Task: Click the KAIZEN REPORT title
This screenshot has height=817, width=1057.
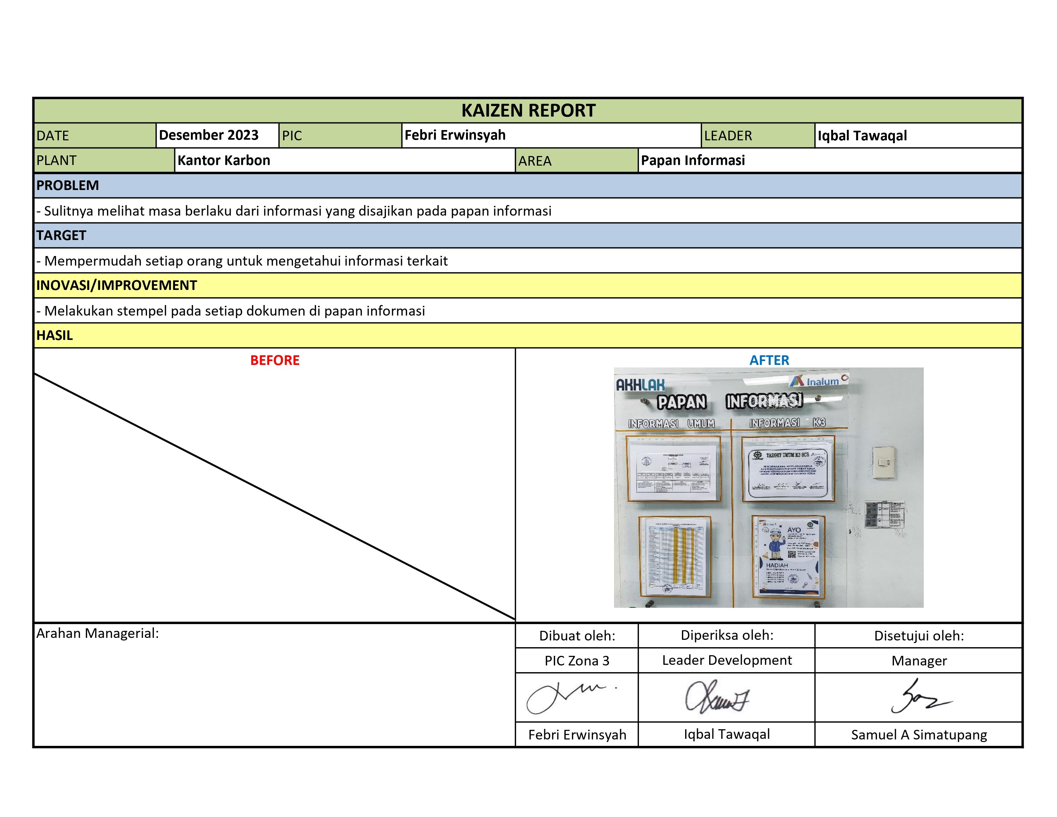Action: pos(528,111)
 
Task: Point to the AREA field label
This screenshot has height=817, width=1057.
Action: pos(535,161)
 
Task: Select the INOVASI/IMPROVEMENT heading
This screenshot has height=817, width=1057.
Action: pos(117,285)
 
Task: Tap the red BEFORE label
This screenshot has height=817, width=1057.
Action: pos(274,360)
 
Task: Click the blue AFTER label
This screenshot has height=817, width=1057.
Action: pos(769,360)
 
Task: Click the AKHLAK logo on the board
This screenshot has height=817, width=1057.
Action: pos(640,385)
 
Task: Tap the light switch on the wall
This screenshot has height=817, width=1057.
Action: pos(883,462)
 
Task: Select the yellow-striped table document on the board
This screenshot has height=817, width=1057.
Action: pos(675,557)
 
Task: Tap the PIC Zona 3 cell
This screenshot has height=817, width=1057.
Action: pos(577,661)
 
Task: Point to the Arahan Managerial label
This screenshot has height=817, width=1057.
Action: pos(97,633)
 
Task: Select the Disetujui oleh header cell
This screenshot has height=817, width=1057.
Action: pos(919,636)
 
